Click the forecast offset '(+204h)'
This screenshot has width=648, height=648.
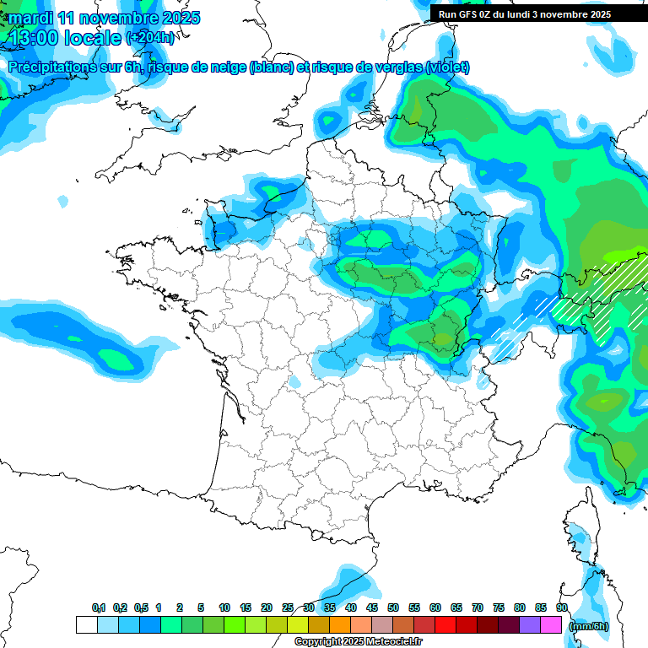point(151,38)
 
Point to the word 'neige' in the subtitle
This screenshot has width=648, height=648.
point(226,67)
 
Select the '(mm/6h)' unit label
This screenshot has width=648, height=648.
point(588,625)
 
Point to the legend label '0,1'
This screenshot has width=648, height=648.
point(99,607)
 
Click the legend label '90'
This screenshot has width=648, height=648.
point(561,607)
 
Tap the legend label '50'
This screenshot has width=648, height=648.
point(393,607)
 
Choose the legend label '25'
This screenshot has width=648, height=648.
point(288,607)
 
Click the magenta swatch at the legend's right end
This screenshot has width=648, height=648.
point(551,624)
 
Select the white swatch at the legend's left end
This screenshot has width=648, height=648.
point(87,624)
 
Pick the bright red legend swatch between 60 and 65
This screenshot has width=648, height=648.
point(445,624)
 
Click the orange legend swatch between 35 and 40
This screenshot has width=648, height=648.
point(340,624)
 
